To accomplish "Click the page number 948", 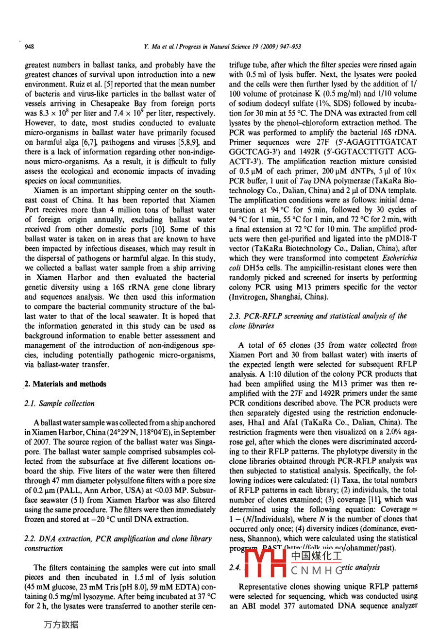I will pos(29,47).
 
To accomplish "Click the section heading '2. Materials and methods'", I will pos(65,384).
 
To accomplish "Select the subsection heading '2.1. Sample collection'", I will pos(59,404).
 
